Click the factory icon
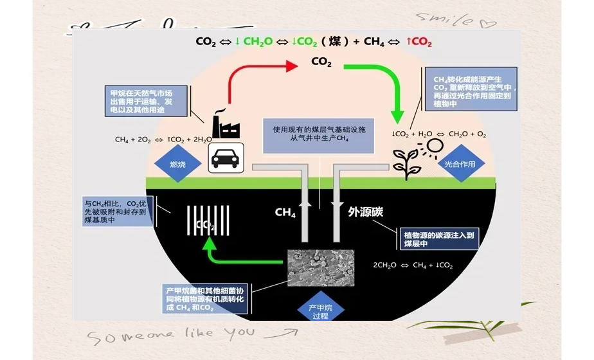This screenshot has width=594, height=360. (225, 123)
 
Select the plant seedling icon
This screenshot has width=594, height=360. (406, 163)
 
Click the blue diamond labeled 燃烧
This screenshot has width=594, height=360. (177, 165)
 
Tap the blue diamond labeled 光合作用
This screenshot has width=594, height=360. (460, 164)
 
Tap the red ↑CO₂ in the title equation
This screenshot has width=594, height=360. (419, 42)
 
